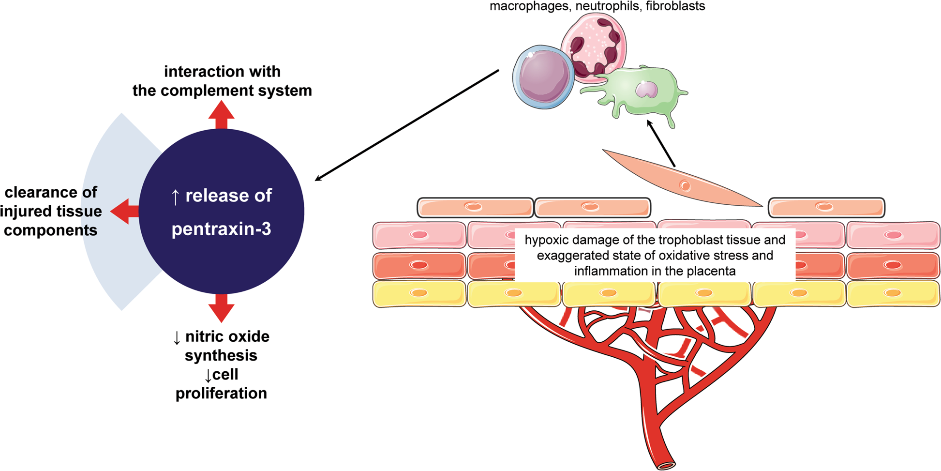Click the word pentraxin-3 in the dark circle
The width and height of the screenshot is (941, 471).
[221, 229]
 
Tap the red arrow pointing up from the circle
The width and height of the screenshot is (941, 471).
[221, 115]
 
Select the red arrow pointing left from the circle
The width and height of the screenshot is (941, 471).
[124, 211]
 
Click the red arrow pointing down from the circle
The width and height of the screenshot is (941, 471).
[221, 308]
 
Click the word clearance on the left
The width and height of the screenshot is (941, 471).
[50, 192]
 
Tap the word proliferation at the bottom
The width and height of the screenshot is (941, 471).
[221, 393]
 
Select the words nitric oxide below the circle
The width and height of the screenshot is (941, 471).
[227, 336]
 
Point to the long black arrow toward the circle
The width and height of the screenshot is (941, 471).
[406, 125]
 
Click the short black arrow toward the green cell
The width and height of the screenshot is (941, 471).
[661, 143]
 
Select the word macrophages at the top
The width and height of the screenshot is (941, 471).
[529, 6]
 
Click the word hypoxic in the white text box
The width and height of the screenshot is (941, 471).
[545, 240]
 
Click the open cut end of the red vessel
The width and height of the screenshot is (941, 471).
[667, 465]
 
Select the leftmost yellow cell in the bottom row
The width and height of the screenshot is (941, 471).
[419, 293]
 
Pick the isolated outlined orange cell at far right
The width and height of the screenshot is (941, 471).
[826, 208]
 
